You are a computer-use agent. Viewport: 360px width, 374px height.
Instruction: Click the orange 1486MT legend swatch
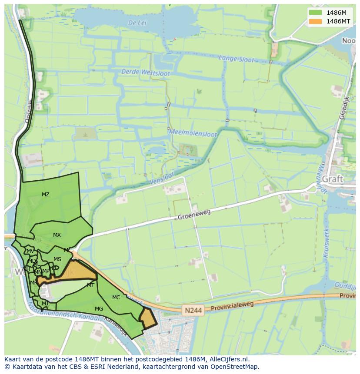[316, 21]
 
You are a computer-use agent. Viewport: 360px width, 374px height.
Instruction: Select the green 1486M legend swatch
[316, 13]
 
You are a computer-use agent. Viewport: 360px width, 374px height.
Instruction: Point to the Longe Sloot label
[236, 59]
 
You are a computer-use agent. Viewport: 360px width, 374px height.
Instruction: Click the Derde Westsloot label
[146, 73]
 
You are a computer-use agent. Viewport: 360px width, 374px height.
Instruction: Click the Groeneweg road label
[194, 214]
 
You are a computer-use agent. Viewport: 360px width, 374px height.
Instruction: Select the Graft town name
[333, 179]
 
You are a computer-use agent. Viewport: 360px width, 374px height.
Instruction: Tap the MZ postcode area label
[46, 195]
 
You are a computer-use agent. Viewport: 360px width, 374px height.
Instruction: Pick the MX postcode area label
[57, 235]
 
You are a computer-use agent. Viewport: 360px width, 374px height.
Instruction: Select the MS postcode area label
[57, 259]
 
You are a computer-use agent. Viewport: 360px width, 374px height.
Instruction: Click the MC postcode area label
[116, 298]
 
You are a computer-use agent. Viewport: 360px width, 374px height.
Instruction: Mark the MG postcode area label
[99, 309]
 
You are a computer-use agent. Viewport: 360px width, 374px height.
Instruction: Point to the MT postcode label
[90, 285]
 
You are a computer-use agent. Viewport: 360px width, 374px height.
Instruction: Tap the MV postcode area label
[30, 251]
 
